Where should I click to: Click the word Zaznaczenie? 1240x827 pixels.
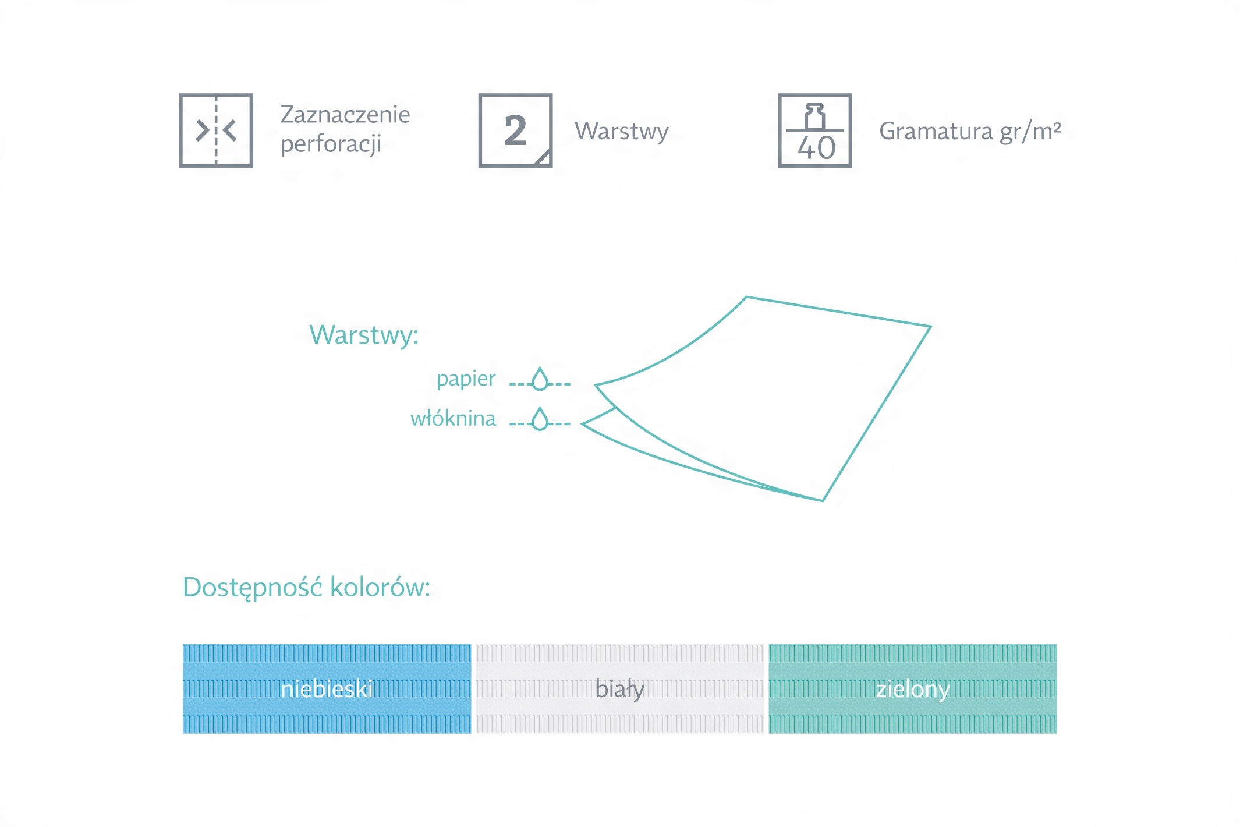pos(345,115)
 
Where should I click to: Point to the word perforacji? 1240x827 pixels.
pos(331,144)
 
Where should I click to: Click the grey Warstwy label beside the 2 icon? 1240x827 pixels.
pos(622,132)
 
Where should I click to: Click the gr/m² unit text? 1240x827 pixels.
pos(1030,132)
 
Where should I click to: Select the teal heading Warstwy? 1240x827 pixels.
pos(364,335)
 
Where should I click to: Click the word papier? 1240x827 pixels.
pos(466,379)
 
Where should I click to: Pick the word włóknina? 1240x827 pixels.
pos(453,418)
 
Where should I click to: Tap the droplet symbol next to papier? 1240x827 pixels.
pos(540,379)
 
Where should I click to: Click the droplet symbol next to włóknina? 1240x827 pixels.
pos(540,419)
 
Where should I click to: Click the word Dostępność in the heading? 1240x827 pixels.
pos(252,588)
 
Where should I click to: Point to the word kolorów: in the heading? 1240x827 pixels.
pos(380,587)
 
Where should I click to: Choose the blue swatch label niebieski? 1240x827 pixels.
pos(327,689)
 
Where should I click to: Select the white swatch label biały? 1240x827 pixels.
pos(620,690)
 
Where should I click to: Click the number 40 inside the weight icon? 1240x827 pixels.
pos(816,148)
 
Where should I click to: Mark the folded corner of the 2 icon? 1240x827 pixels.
pos(544,158)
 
